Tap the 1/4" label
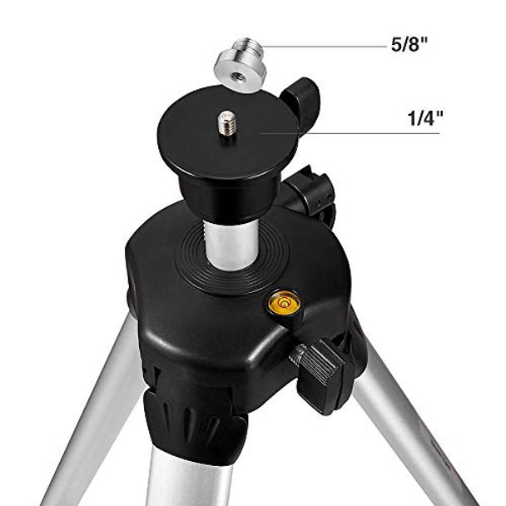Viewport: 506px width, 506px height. pyautogui.click(x=424, y=119)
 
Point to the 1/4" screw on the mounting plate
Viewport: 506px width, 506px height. pyautogui.click(x=226, y=123)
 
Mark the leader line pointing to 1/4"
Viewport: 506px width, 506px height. pyautogui.click(x=350, y=132)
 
